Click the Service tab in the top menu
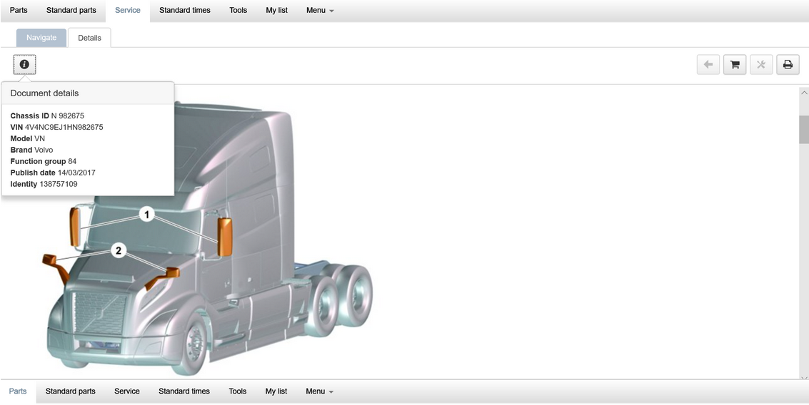tap(128, 11)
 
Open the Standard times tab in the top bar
tap(184, 11)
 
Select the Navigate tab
tap(41, 38)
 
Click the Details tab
tap(89, 38)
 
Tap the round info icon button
tap(24, 65)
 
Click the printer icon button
tap(788, 65)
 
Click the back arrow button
tap(708, 65)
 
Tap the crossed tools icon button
tap(761, 65)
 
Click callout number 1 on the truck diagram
tap(146, 214)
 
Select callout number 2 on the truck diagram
tap(119, 250)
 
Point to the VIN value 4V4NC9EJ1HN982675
tap(64, 127)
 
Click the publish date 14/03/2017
tap(76, 173)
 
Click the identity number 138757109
tap(59, 184)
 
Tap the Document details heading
tap(44, 93)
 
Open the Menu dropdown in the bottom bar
tap(319, 391)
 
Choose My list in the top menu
tap(276, 11)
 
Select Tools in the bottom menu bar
tap(238, 391)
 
